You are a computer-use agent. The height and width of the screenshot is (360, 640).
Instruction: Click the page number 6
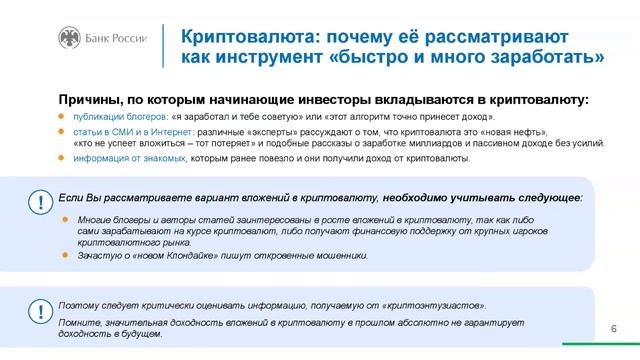tap(612, 328)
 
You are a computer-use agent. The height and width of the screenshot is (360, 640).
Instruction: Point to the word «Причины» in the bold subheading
tap(91, 100)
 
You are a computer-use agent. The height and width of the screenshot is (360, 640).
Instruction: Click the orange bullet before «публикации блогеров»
tap(62, 117)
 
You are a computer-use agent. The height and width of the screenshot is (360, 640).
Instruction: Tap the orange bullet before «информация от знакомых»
tap(62, 158)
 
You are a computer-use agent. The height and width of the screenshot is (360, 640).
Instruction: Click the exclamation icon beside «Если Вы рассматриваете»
tap(40, 201)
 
